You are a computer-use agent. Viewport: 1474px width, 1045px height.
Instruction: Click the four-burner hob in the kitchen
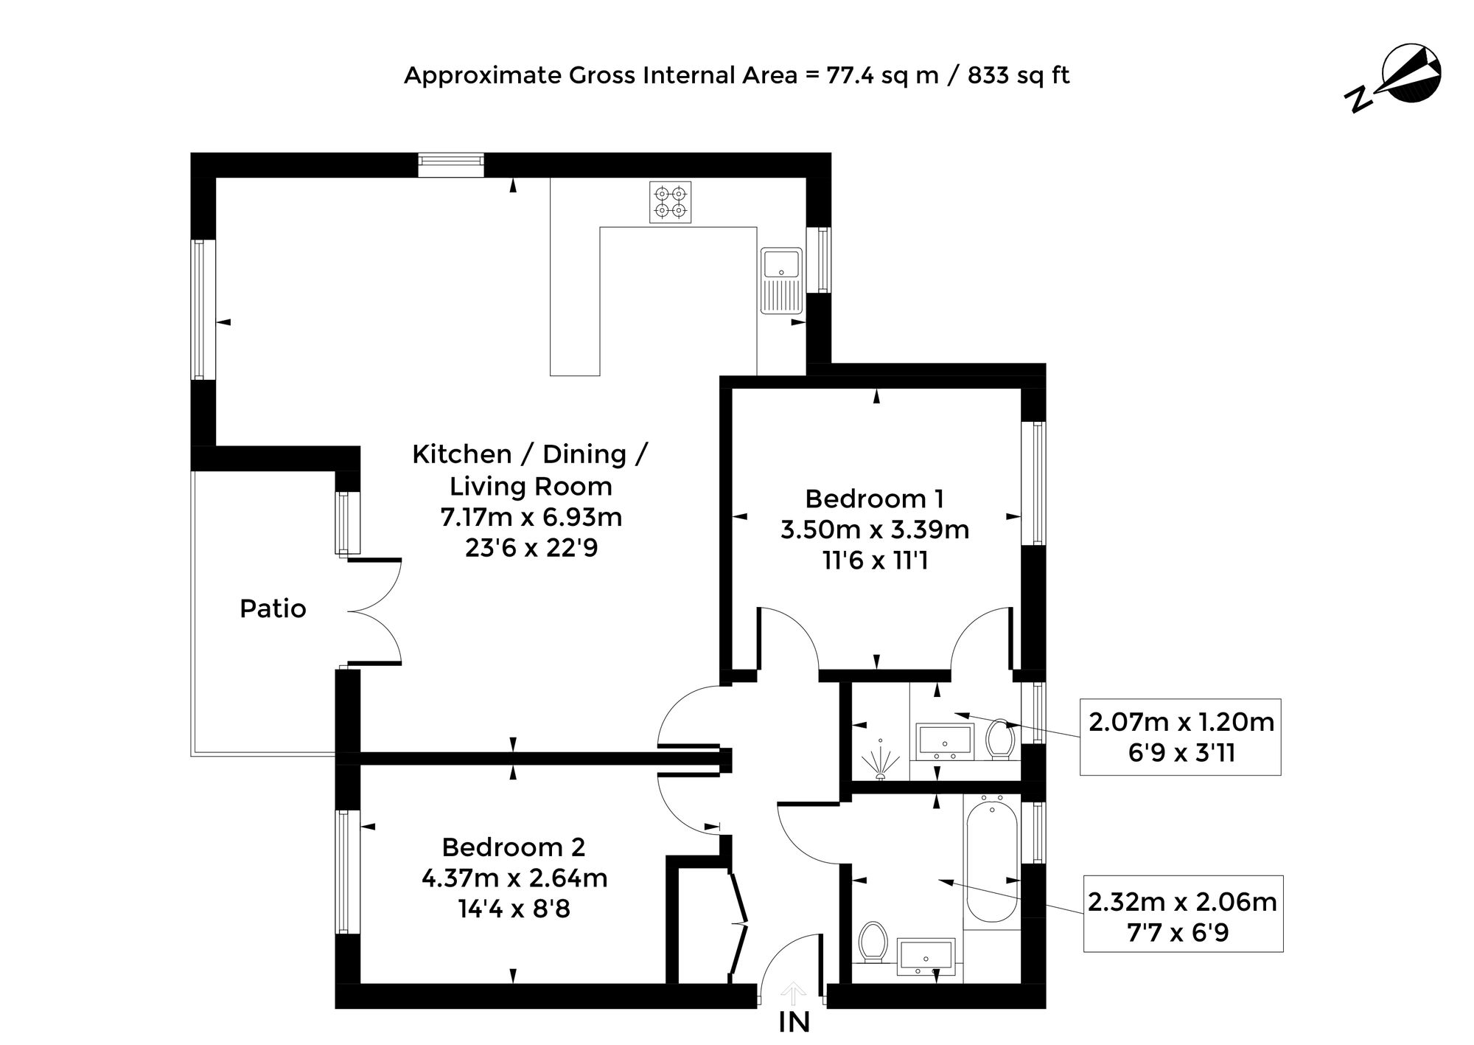[671, 202]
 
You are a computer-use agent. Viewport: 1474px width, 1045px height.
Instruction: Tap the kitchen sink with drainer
[781, 280]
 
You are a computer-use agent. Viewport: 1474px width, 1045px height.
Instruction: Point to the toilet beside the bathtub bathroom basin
[874, 942]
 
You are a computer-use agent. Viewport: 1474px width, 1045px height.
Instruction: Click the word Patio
[273, 609]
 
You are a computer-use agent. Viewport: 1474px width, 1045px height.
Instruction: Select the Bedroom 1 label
[874, 499]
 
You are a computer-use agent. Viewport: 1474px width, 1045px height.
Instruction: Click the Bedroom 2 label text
[514, 847]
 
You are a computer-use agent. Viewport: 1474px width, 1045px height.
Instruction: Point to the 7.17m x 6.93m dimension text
[531, 518]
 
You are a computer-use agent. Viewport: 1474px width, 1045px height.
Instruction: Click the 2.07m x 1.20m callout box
[1181, 737]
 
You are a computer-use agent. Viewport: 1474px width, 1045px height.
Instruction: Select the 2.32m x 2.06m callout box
[1183, 914]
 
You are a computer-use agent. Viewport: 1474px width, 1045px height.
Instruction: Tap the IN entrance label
[794, 1022]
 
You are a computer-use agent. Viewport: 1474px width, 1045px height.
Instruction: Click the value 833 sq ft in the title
[1019, 76]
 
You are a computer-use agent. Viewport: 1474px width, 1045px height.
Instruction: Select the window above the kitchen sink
[818, 260]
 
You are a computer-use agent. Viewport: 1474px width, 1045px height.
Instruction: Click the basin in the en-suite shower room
[945, 741]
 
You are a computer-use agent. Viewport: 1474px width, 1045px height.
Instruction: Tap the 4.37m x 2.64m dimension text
[514, 879]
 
